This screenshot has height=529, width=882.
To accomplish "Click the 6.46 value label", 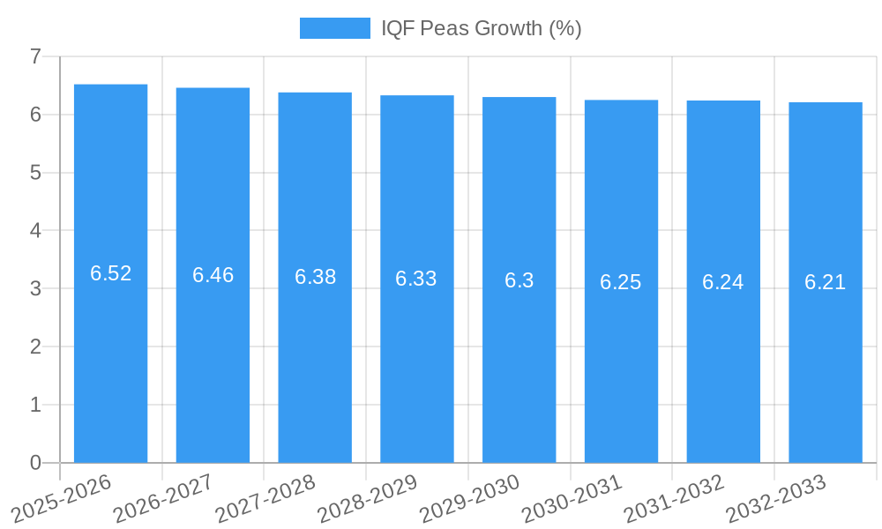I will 213,275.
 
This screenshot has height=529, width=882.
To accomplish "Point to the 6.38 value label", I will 315,277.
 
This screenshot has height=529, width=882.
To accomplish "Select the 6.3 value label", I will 519,280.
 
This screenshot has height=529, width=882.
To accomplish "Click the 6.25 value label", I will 621,282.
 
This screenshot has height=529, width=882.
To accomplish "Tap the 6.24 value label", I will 723,282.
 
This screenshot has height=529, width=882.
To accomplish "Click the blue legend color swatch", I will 334,28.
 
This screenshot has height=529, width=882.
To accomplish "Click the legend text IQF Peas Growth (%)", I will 481,28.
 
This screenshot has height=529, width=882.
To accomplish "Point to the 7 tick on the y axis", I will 35,56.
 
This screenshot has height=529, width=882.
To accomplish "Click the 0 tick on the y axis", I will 35,463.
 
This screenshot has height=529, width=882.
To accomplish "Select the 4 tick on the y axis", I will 35,231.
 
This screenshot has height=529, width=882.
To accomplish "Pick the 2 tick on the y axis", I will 35,346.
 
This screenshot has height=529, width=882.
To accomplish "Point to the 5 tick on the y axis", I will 35,173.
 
